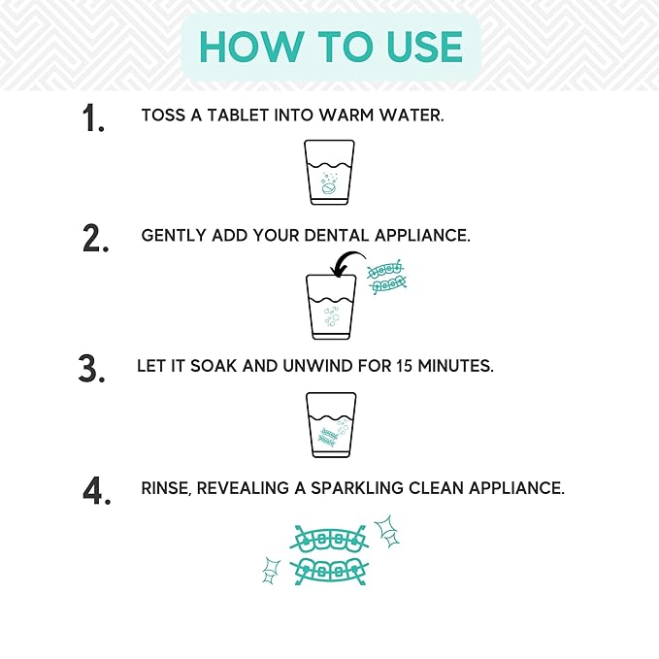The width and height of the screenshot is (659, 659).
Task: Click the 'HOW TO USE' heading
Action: [330, 48]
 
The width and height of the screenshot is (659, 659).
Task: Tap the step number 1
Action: [93, 118]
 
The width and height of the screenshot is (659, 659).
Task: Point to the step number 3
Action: [91, 370]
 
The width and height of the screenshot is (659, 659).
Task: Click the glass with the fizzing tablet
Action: [330, 172]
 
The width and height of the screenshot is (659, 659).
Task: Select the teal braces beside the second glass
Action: [387, 278]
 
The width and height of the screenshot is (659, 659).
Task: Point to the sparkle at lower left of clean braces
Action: [272, 570]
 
